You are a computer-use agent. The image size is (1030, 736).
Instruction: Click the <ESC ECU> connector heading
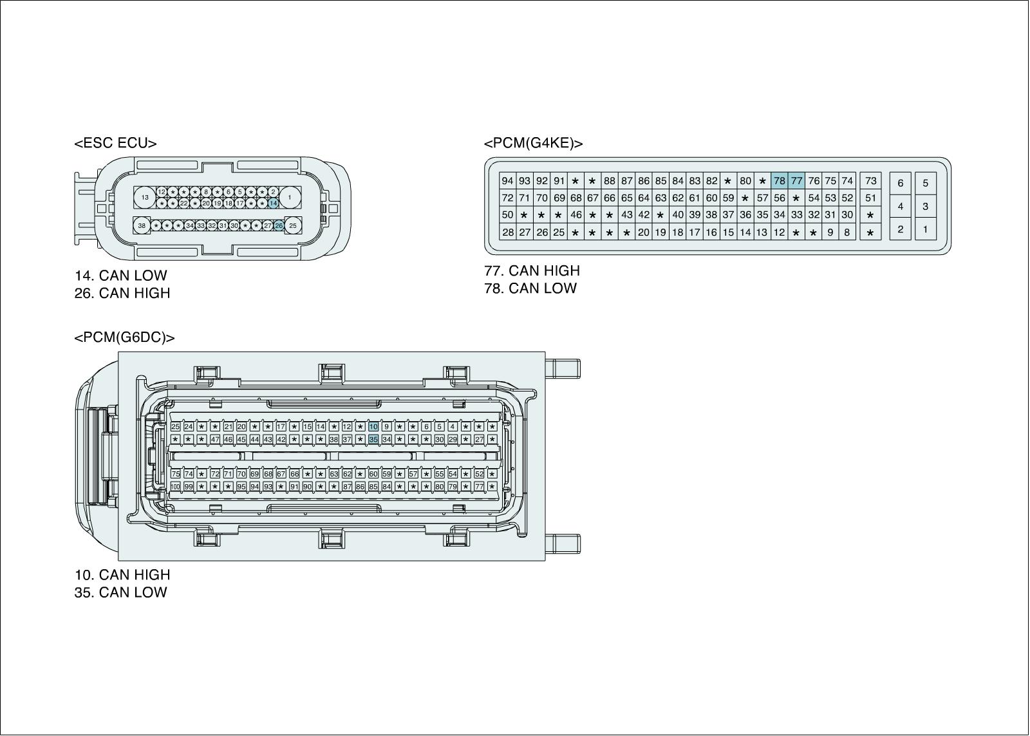[115, 143]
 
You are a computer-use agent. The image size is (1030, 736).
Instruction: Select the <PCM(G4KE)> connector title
[533, 143]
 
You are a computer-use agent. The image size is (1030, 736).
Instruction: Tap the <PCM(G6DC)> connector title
[124, 337]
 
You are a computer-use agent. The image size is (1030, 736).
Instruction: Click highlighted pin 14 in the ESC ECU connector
[273, 203]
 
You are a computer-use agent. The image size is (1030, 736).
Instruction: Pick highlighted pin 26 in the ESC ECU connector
[279, 225]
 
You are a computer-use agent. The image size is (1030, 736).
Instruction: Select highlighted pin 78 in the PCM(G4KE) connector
[779, 181]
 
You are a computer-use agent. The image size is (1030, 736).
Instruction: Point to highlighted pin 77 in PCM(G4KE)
[796, 181]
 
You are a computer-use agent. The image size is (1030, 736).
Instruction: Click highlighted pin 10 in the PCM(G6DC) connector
[373, 426]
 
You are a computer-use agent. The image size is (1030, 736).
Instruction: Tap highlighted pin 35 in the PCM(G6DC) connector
[373, 439]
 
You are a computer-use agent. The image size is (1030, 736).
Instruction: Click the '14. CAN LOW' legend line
[120, 276]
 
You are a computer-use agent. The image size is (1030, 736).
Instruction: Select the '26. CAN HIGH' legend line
[122, 293]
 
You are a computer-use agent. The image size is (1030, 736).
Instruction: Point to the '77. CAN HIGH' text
[532, 270]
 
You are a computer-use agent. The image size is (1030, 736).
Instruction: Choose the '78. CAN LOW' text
[530, 288]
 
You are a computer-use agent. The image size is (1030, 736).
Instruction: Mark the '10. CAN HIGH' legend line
[122, 574]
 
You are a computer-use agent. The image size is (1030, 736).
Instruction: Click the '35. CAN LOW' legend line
[120, 592]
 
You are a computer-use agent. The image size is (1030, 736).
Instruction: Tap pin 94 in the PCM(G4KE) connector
[507, 181]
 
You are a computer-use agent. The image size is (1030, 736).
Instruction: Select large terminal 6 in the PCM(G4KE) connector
[900, 183]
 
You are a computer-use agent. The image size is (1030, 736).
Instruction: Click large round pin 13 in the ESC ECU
[145, 197]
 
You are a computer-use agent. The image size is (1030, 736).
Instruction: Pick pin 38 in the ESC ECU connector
[142, 225]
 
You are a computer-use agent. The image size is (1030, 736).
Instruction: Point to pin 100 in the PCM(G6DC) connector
[175, 486]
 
